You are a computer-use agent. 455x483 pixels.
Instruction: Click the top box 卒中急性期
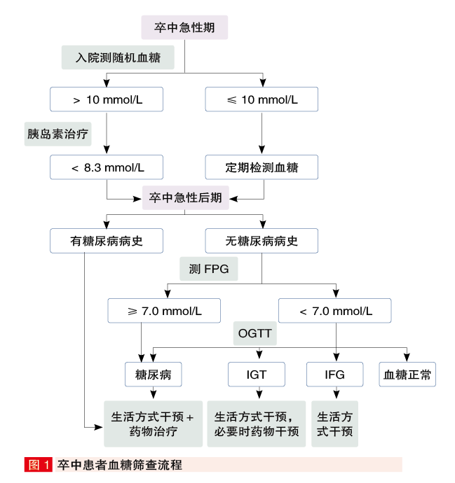click(184, 28)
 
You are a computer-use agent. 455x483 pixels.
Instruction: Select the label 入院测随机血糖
click(118, 58)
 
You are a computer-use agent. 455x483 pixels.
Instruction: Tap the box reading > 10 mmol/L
click(107, 99)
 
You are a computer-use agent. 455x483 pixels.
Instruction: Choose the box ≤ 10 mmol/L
click(262, 99)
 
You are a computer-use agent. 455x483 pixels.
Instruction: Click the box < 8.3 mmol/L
click(107, 167)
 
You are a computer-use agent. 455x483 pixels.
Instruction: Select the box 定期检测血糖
click(262, 167)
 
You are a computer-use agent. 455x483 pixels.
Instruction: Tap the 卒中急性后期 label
click(185, 197)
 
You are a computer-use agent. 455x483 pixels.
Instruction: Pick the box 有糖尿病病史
click(107, 241)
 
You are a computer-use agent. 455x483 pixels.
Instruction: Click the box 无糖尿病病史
click(262, 241)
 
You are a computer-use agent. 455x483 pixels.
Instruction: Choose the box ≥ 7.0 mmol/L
click(164, 310)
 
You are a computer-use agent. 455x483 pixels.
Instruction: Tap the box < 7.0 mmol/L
click(335, 310)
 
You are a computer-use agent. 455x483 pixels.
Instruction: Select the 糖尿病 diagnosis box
click(154, 374)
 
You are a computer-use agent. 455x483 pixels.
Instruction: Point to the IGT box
click(257, 374)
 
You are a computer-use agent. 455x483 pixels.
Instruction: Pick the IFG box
click(335, 374)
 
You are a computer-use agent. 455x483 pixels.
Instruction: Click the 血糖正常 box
click(407, 374)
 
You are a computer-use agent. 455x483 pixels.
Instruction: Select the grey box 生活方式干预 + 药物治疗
click(153, 423)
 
